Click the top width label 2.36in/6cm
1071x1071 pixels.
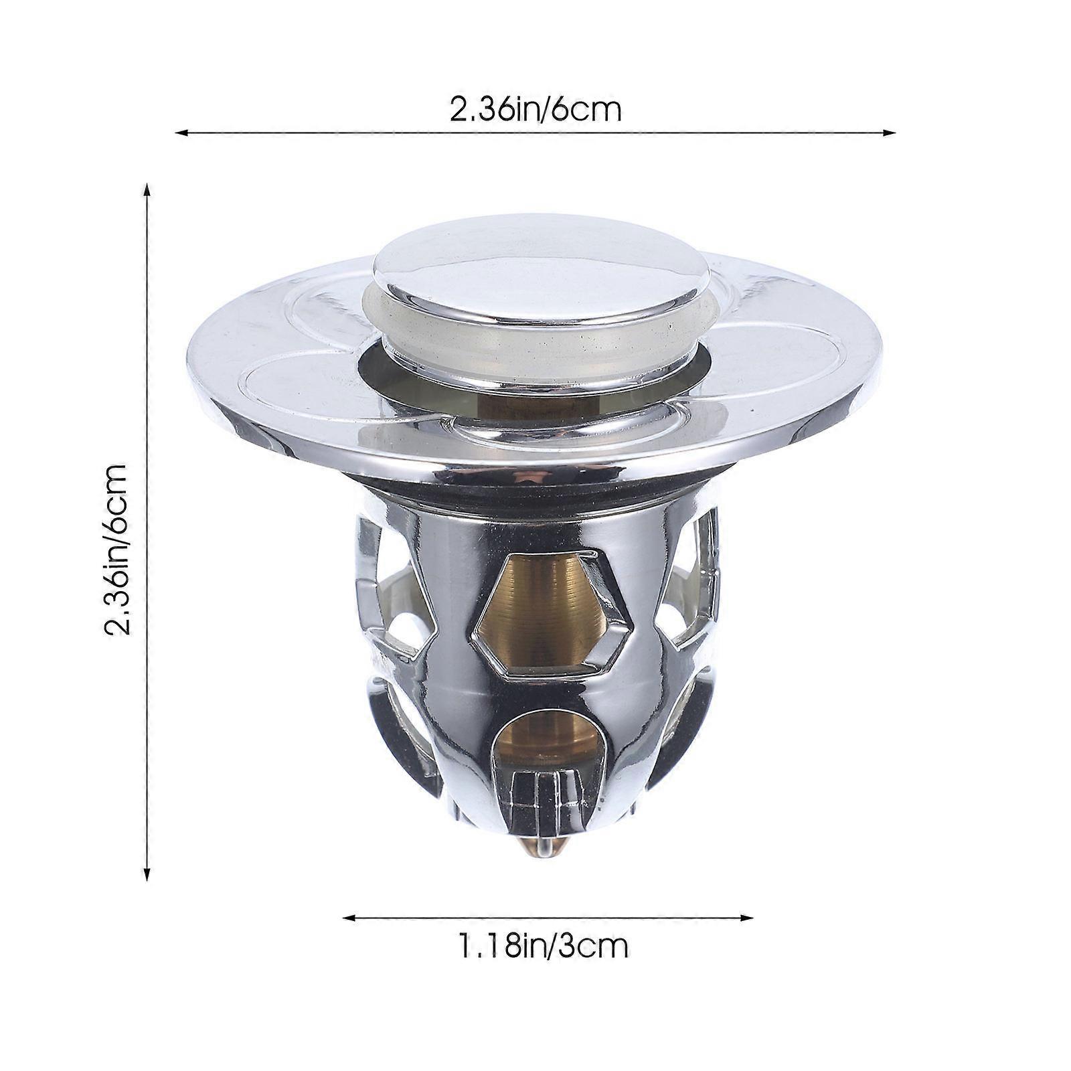pyautogui.click(x=535, y=109)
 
